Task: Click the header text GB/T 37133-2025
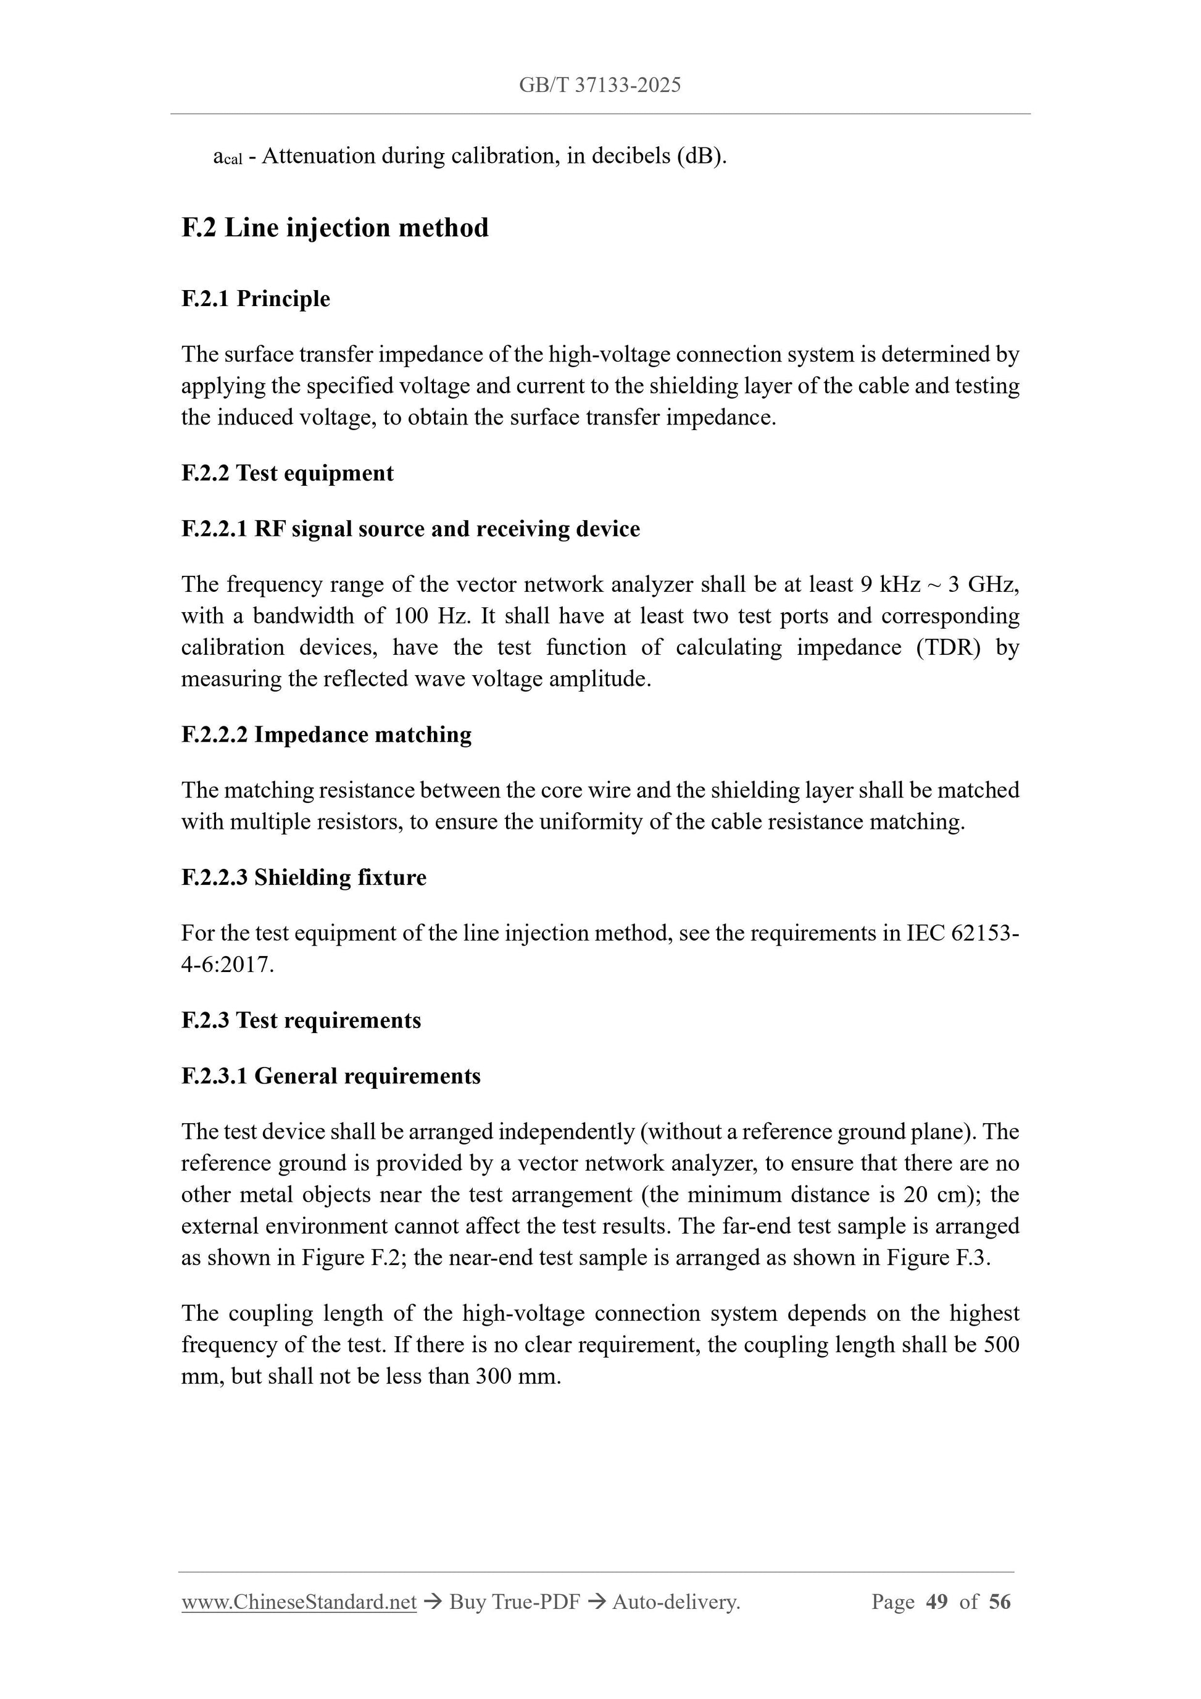point(599,85)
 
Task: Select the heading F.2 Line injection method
point(335,228)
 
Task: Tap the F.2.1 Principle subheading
point(256,299)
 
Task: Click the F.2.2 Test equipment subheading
point(287,473)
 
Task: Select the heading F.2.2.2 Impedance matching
point(326,735)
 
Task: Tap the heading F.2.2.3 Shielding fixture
point(304,878)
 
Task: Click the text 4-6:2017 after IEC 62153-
point(227,966)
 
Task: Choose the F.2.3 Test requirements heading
point(301,1020)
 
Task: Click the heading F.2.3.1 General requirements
point(331,1076)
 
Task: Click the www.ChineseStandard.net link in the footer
point(299,1602)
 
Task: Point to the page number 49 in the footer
point(936,1602)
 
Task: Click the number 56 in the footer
point(999,1602)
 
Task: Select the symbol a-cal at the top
point(227,157)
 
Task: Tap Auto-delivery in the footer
point(676,1602)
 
